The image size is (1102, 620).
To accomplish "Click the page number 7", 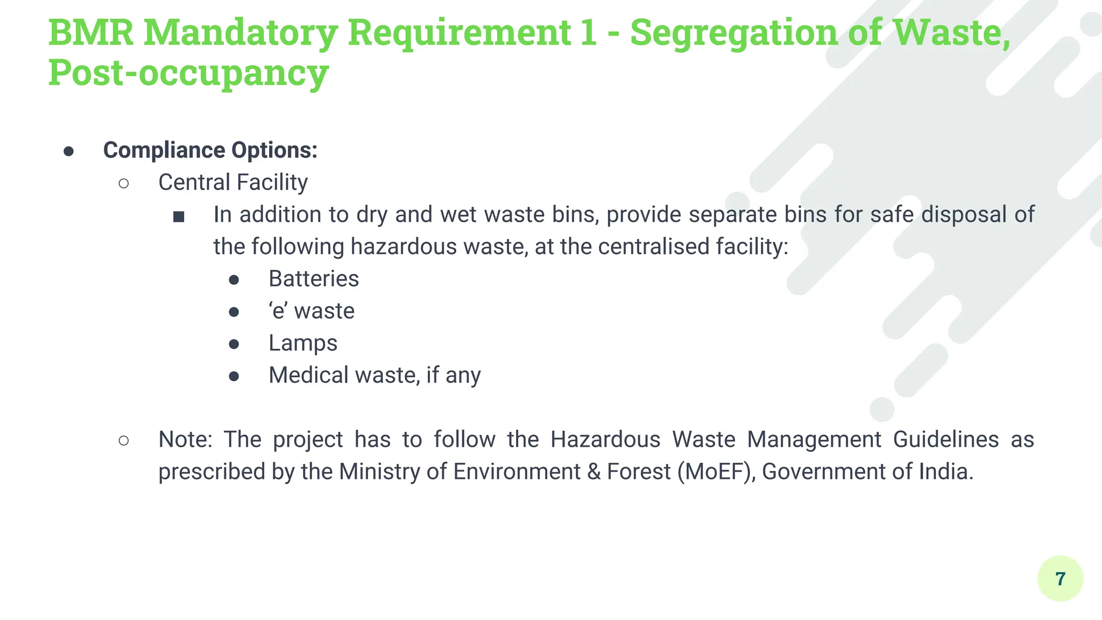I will (1060, 579).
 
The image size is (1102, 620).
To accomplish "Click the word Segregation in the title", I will (733, 32).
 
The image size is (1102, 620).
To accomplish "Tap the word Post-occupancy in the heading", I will (188, 73).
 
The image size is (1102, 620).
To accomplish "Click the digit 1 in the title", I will (589, 32).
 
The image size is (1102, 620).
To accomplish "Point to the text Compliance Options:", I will (210, 150).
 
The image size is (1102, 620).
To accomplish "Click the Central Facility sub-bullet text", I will (232, 182).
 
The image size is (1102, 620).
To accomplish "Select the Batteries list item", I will (313, 279).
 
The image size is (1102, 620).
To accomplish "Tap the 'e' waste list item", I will (312, 311).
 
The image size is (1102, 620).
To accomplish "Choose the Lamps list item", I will (302, 343).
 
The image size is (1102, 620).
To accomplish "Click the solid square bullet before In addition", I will (179, 216).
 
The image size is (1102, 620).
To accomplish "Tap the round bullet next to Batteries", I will (234, 280).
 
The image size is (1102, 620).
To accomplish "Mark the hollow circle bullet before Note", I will (123, 441).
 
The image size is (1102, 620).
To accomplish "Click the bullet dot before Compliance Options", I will (68, 151).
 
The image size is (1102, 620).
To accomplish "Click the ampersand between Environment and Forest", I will (594, 472).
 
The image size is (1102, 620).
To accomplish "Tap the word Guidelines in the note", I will (945, 440).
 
